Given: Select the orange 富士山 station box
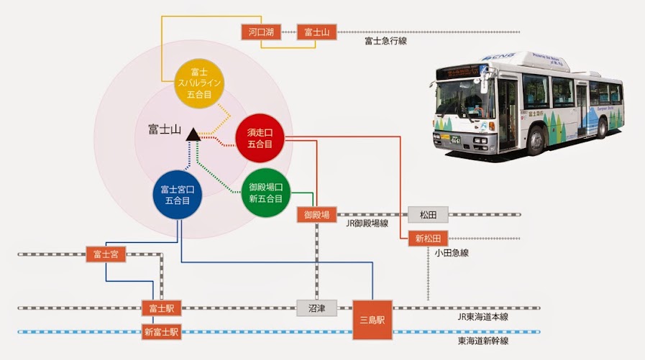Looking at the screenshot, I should point(316,32).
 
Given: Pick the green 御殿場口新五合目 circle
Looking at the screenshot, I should point(265,192).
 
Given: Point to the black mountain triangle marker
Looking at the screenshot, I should point(192,134).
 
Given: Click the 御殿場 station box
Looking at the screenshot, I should point(316,214).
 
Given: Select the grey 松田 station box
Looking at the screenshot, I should point(428,214).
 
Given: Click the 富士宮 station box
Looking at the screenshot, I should point(106,254).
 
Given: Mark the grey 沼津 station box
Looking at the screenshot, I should point(316,308).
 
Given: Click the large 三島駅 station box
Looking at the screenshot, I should point(372,320).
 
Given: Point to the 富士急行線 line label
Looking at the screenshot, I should point(385,42).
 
